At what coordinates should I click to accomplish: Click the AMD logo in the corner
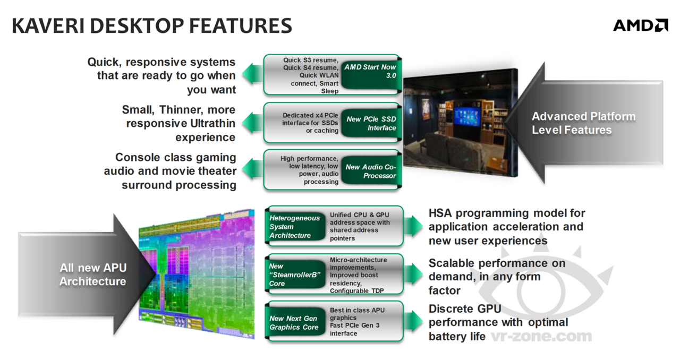tap(641, 25)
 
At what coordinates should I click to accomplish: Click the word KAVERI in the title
tap(48, 26)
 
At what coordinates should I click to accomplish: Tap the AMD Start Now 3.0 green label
tap(371, 71)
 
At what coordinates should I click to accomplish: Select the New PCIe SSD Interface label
tap(371, 123)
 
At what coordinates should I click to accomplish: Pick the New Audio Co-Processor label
tap(371, 171)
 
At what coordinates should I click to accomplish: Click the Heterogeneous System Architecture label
tap(295, 227)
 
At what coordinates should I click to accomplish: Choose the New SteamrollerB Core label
tap(295, 275)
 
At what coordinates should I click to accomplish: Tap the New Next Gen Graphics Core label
tap(295, 323)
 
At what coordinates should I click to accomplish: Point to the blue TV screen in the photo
tap(467, 116)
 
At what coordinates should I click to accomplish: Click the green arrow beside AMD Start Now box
tap(252, 74)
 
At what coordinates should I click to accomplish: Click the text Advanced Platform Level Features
tap(583, 123)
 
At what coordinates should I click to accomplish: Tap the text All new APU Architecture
tap(93, 275)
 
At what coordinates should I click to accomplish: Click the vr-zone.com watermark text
tap(541, 336)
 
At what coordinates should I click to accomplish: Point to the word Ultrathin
tap(212, 124)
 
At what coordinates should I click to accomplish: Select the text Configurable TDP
tap(356, 291)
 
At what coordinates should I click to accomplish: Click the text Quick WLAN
tap(319, 75)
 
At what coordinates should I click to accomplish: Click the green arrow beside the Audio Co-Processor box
tap(252, 169)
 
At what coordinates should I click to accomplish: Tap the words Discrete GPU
tap(465, 308)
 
